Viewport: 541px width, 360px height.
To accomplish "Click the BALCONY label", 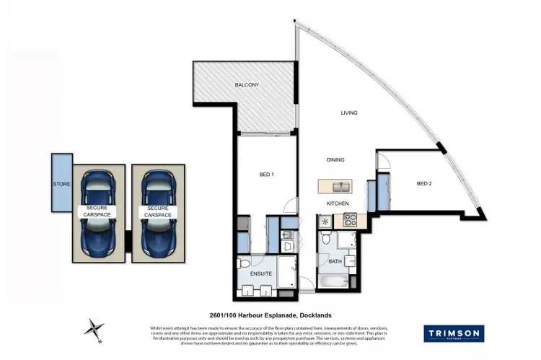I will [247, 86].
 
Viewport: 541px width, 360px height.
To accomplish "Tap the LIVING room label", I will [349, 113].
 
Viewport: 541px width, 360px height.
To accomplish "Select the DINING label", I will [335, 160].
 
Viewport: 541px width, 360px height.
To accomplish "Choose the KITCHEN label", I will [337, 204].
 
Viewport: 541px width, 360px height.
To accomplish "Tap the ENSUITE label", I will [260, 274].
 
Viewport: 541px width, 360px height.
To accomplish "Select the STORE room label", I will [61, 185].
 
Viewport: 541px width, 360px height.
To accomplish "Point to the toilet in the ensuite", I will [245, 263].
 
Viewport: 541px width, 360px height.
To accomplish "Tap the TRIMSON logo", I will [453, 333].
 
